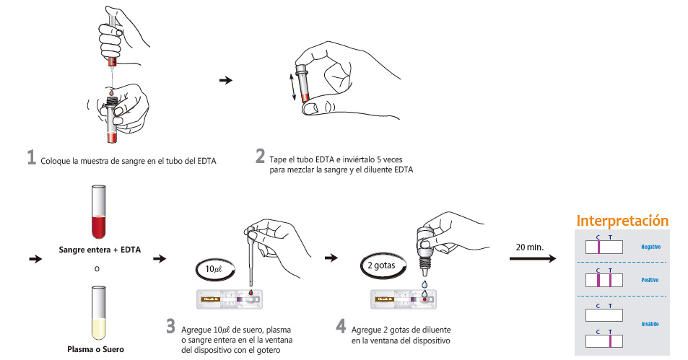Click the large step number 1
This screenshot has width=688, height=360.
click(x=31, y=157)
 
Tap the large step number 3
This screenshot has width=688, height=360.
click(x=170, y=325)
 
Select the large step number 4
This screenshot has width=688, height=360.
click(x=341, y=325)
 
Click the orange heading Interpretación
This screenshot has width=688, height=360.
click(x=622, y=221)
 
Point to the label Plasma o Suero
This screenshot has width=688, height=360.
click(x=99, y=350)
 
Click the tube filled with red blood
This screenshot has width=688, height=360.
click(x=100, y=212)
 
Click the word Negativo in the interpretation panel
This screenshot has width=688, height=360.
click(x=650, y=247)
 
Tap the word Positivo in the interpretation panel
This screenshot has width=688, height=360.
click(x=650, y=279)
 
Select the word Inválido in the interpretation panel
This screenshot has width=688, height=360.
click(x=650, y=324)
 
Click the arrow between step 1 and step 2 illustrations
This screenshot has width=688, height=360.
click(x=225, y=80)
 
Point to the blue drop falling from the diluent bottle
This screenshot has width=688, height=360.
click(x=424, y=286)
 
